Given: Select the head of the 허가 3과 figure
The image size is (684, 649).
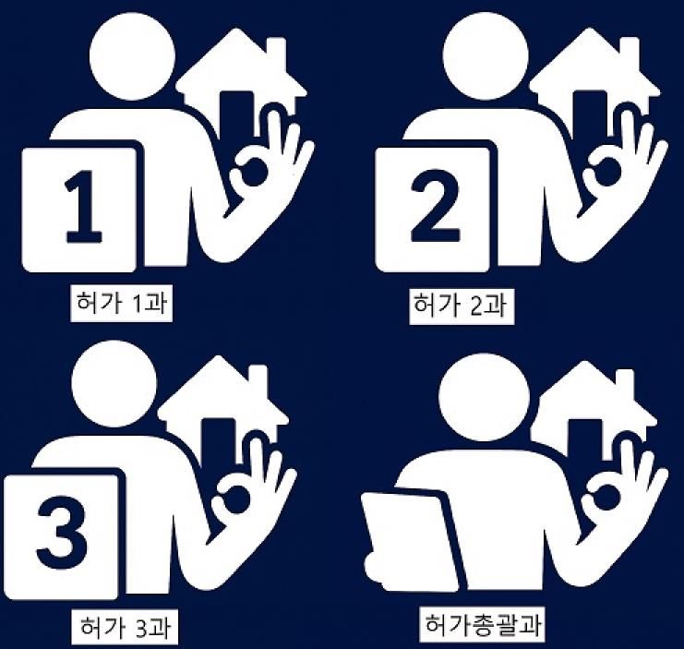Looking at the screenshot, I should point(114,379).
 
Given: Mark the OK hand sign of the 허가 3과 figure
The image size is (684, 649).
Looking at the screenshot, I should point(246,494).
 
